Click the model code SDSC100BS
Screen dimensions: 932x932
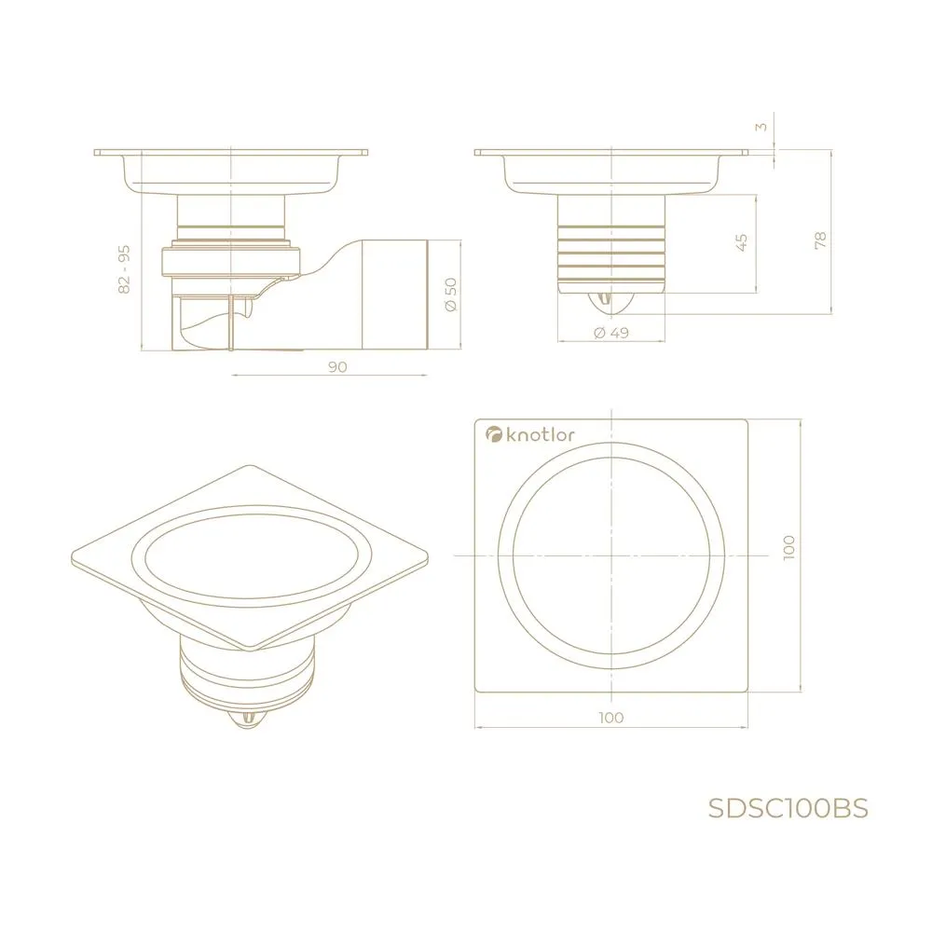pyautogui.click(x=788, y=808)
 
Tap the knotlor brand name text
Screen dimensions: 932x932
pyautogui.click(x=541, y=434)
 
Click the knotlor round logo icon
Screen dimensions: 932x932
pyautogui.click(x=494, y=434)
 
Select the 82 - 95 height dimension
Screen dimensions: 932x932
pyautogui.click(x=124, y=269)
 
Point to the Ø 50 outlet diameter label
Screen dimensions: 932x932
pyautogui.click(x=450, y=295)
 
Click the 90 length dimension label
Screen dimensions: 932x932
pyautogui.click(x=337, y=366)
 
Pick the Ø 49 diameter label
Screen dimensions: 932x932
pyautogui.click(x=611, y=333)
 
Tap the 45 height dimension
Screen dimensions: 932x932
pyautogui.click(x=741, y=242)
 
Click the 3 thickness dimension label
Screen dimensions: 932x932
pyautogui.click(x=761, y=127)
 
